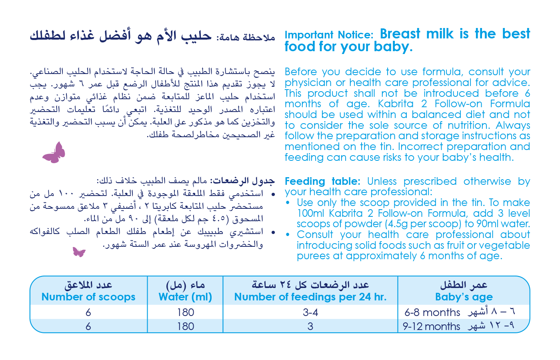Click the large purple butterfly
pos(54,153)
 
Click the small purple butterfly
pos(79,252)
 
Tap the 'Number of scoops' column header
pos(88,297)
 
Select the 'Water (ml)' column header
pos(185,297)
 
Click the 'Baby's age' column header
pos(464,297)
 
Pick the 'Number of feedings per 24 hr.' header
pos(310,297)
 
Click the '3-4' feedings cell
pos(310,312)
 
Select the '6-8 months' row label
pos(432,312)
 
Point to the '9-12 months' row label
pos(432,326)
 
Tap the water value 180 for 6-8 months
pos(186,312)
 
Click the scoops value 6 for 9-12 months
pos(88,326)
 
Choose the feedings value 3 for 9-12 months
pos(310,326)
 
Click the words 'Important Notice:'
pos(329,35)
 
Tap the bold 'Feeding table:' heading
pos(322,181)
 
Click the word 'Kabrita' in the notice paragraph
pos(395,104)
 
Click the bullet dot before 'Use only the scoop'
pos(288,203)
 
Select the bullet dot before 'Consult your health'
pos(288,235)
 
